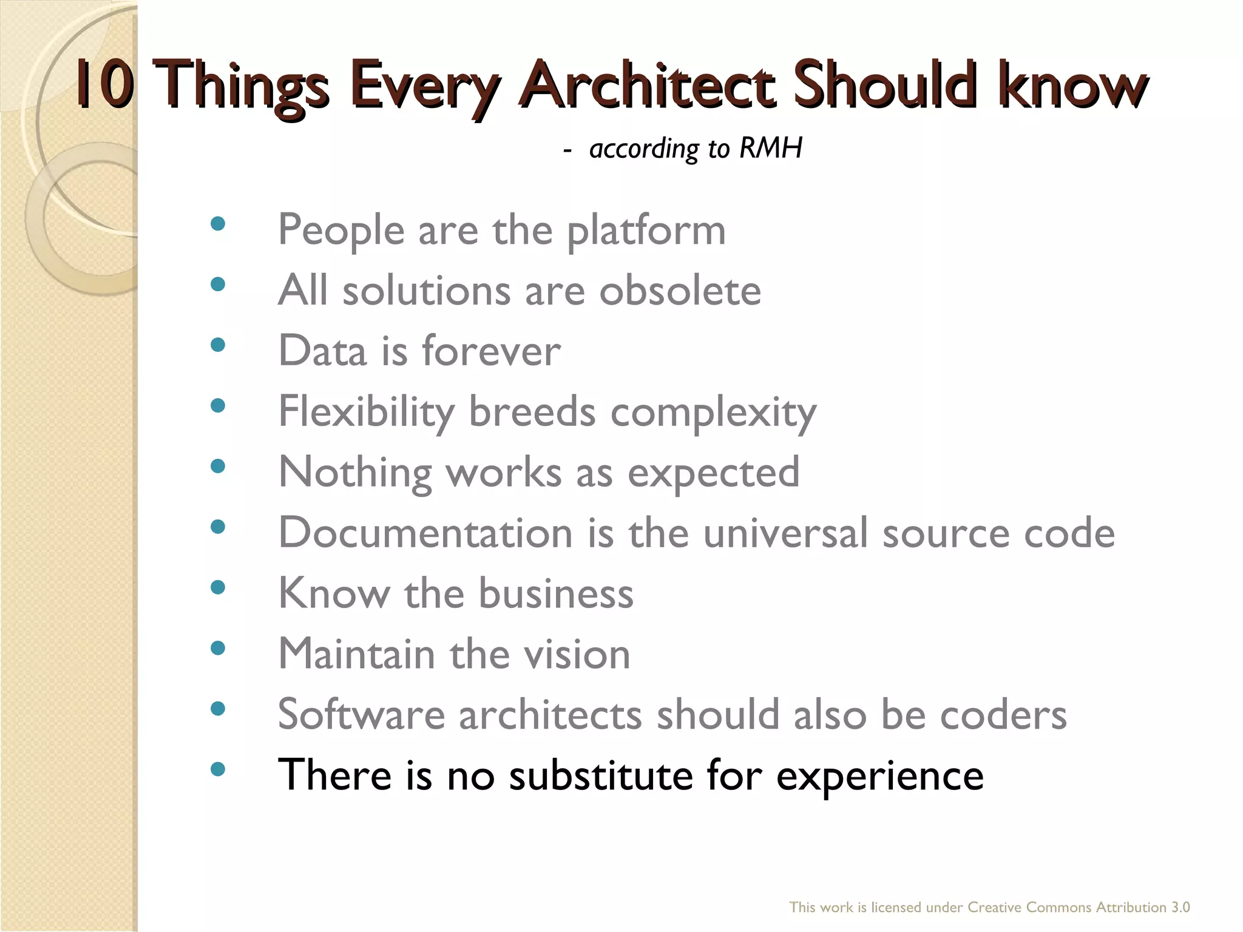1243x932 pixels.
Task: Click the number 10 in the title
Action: (104, 85)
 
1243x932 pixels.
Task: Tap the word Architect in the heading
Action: (647, 85)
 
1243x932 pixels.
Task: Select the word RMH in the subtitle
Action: (771, 148)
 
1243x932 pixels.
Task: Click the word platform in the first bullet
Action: (646, 231)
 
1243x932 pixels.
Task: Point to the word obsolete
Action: (680, 291)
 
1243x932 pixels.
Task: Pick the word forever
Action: (491, 351)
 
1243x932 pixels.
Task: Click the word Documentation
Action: (425, 533)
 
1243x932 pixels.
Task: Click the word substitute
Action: (601, 775)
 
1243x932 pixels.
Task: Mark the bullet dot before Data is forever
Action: (217, 345)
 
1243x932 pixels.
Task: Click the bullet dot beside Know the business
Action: (217, 587)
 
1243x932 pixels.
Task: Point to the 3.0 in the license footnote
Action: (1180, 907)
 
